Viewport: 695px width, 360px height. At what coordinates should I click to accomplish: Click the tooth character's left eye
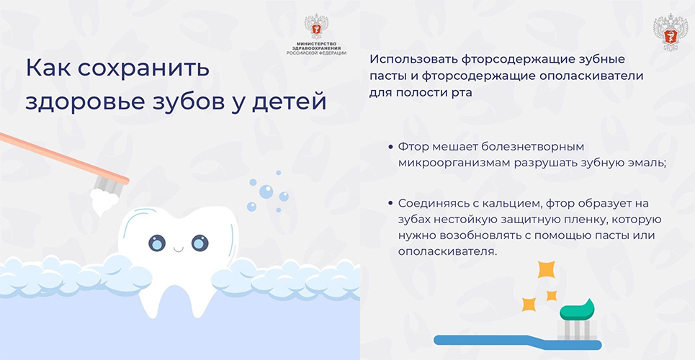pyautogui.click(x=157, y=243)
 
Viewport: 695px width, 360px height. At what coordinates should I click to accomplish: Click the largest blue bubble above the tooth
pyautogui.click(x=266, y=192)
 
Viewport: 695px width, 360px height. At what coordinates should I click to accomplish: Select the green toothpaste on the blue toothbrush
pyautogui.click(x=577, y=310)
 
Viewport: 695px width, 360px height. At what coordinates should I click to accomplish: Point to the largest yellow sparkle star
pyautogui.click(x=546, y=269)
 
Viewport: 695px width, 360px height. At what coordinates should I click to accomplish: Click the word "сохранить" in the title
pyautogui.click(x=143, y=68)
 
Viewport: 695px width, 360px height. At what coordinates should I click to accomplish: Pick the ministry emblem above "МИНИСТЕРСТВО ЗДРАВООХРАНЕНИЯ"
pyautogui.click(x=316, y=27)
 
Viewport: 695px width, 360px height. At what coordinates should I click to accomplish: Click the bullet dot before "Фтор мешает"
pyautogui.click(x=390, y=147)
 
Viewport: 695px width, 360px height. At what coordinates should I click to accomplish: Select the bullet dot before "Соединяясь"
pyautogui.click(x=390, y=204)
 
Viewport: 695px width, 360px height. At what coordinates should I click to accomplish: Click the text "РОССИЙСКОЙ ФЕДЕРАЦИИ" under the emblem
pyautogui.click(x=316, y=53)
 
